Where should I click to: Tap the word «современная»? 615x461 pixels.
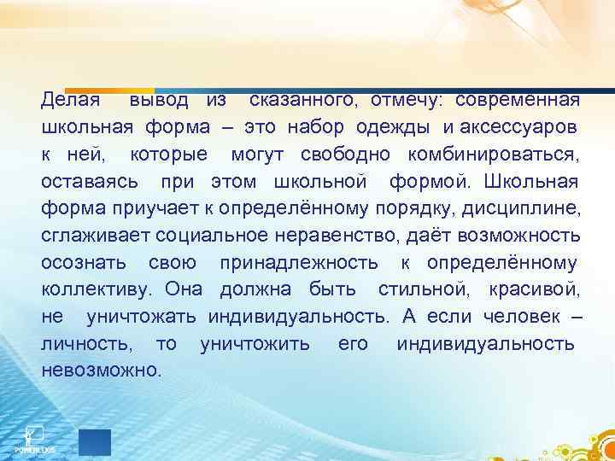coord(518,100)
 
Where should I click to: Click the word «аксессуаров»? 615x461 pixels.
coord(518,127)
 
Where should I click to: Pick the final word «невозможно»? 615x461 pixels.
coord(101,372)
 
